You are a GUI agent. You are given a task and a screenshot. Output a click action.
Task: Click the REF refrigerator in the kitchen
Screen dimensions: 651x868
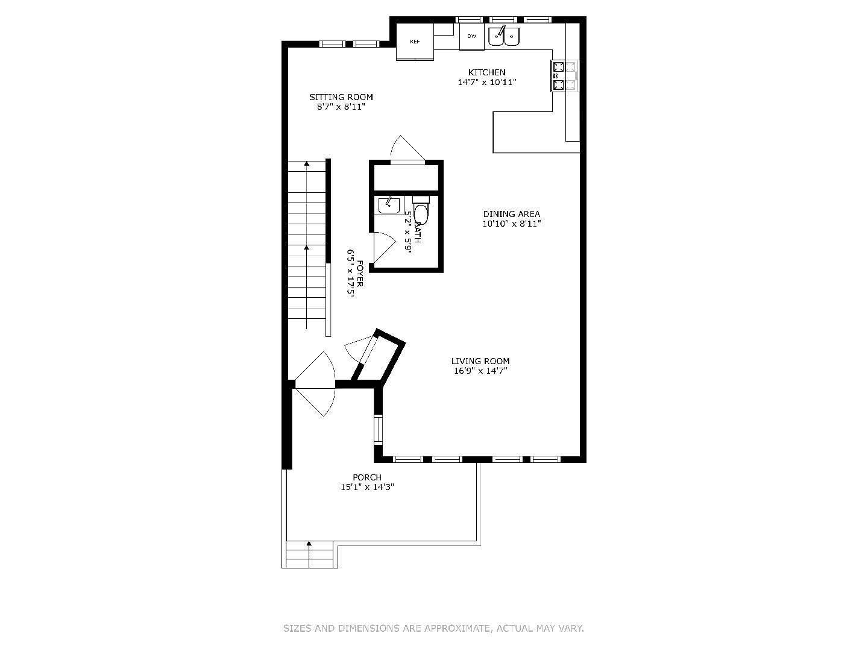(415, 42)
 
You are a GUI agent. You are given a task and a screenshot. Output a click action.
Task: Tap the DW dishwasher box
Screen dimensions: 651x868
(471, 37)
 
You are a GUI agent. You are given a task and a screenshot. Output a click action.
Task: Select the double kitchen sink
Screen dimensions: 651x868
(504, 36)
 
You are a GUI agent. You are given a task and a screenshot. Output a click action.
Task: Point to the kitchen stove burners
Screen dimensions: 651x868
(565, 76)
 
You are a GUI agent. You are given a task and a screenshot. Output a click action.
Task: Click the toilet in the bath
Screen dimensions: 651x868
(421, 212)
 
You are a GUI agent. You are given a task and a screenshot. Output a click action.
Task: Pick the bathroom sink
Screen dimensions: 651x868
(389, 206)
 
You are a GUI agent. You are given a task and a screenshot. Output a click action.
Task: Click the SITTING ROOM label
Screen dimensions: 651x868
(341, 97)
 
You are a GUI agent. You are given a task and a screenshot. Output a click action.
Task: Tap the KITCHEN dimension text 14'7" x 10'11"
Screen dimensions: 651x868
(487, 82)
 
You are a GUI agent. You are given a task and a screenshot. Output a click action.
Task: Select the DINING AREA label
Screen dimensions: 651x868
(511, 214)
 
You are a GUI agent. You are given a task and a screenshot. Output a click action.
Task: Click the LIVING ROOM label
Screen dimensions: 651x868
(480, 362)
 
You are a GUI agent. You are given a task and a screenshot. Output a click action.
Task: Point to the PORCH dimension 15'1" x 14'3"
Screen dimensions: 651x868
(367, 487)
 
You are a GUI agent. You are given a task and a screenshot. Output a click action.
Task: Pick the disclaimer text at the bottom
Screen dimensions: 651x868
(433, 628)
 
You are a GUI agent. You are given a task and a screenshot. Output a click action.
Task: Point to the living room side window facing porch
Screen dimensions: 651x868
(378, 430)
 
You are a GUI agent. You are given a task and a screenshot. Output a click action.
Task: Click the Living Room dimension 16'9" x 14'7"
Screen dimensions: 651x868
(480, 371)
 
